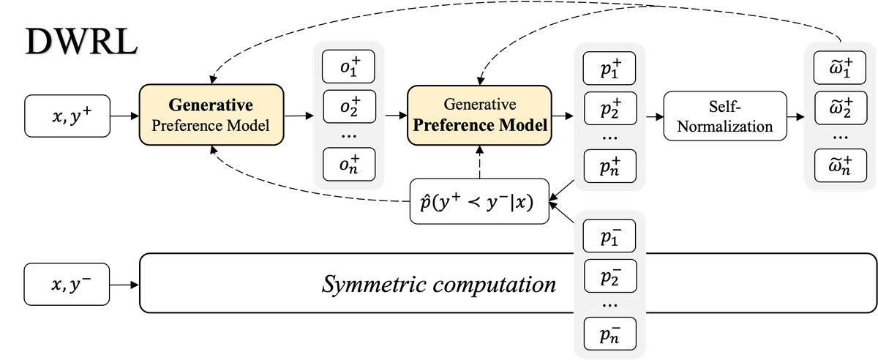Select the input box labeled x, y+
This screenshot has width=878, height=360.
(67, 115)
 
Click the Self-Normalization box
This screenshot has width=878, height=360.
(724, 116)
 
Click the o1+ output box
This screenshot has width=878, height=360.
(349, 68)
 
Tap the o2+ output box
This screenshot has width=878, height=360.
(349, 108)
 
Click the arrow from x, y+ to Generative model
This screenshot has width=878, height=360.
(124, 116)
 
